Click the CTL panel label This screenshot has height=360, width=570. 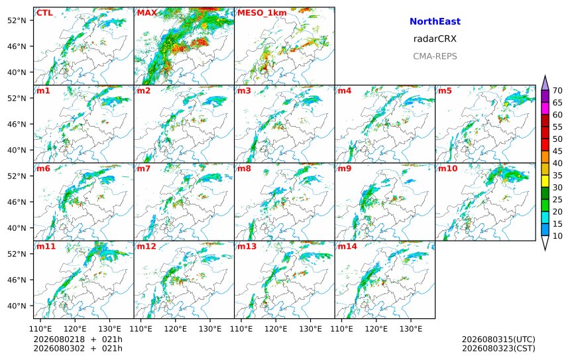click(44, 13)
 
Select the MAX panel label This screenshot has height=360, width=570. click(147, 13)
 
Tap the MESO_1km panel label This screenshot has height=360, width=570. click(262, 13)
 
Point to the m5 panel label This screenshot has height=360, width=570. click(445, 91)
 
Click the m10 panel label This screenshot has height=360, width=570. click(447, 168)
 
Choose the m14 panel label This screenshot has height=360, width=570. click(347, 247)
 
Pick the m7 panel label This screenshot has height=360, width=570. click(144, 168)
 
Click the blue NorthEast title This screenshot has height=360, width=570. click(435, 21)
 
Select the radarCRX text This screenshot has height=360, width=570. click(435, 39)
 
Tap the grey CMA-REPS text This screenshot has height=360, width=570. click(435, 56)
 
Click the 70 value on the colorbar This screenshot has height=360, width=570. click(557, 91)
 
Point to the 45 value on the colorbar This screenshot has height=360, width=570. click(557, 151)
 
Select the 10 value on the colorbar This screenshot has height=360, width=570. click(557, 236)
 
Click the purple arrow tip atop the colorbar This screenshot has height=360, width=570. click(545, 76)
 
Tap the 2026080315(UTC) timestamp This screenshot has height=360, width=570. click(498, 339)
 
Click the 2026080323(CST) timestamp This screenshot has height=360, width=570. click(498, 348)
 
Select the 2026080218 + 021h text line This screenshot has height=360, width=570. click(78, 339)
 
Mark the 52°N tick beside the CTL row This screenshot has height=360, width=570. click(17, 21)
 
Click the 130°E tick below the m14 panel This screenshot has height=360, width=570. click(411, 329)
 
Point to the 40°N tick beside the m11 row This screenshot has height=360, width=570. click(17, 306)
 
